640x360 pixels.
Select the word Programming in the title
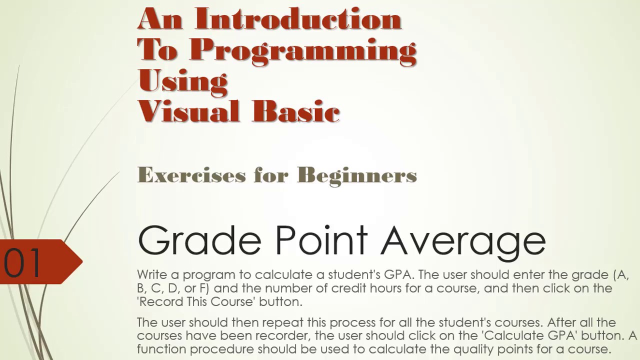point(303,50)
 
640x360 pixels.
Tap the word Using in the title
point(182,81)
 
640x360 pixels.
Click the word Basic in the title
point(296,111)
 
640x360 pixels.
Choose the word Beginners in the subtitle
point(356,175)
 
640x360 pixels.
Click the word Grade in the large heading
point(199,241)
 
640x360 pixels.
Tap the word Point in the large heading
point(321,240)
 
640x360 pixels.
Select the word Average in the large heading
point(463,241)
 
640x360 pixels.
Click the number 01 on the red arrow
point(22,262)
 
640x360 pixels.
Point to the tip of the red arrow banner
point(81,260)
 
